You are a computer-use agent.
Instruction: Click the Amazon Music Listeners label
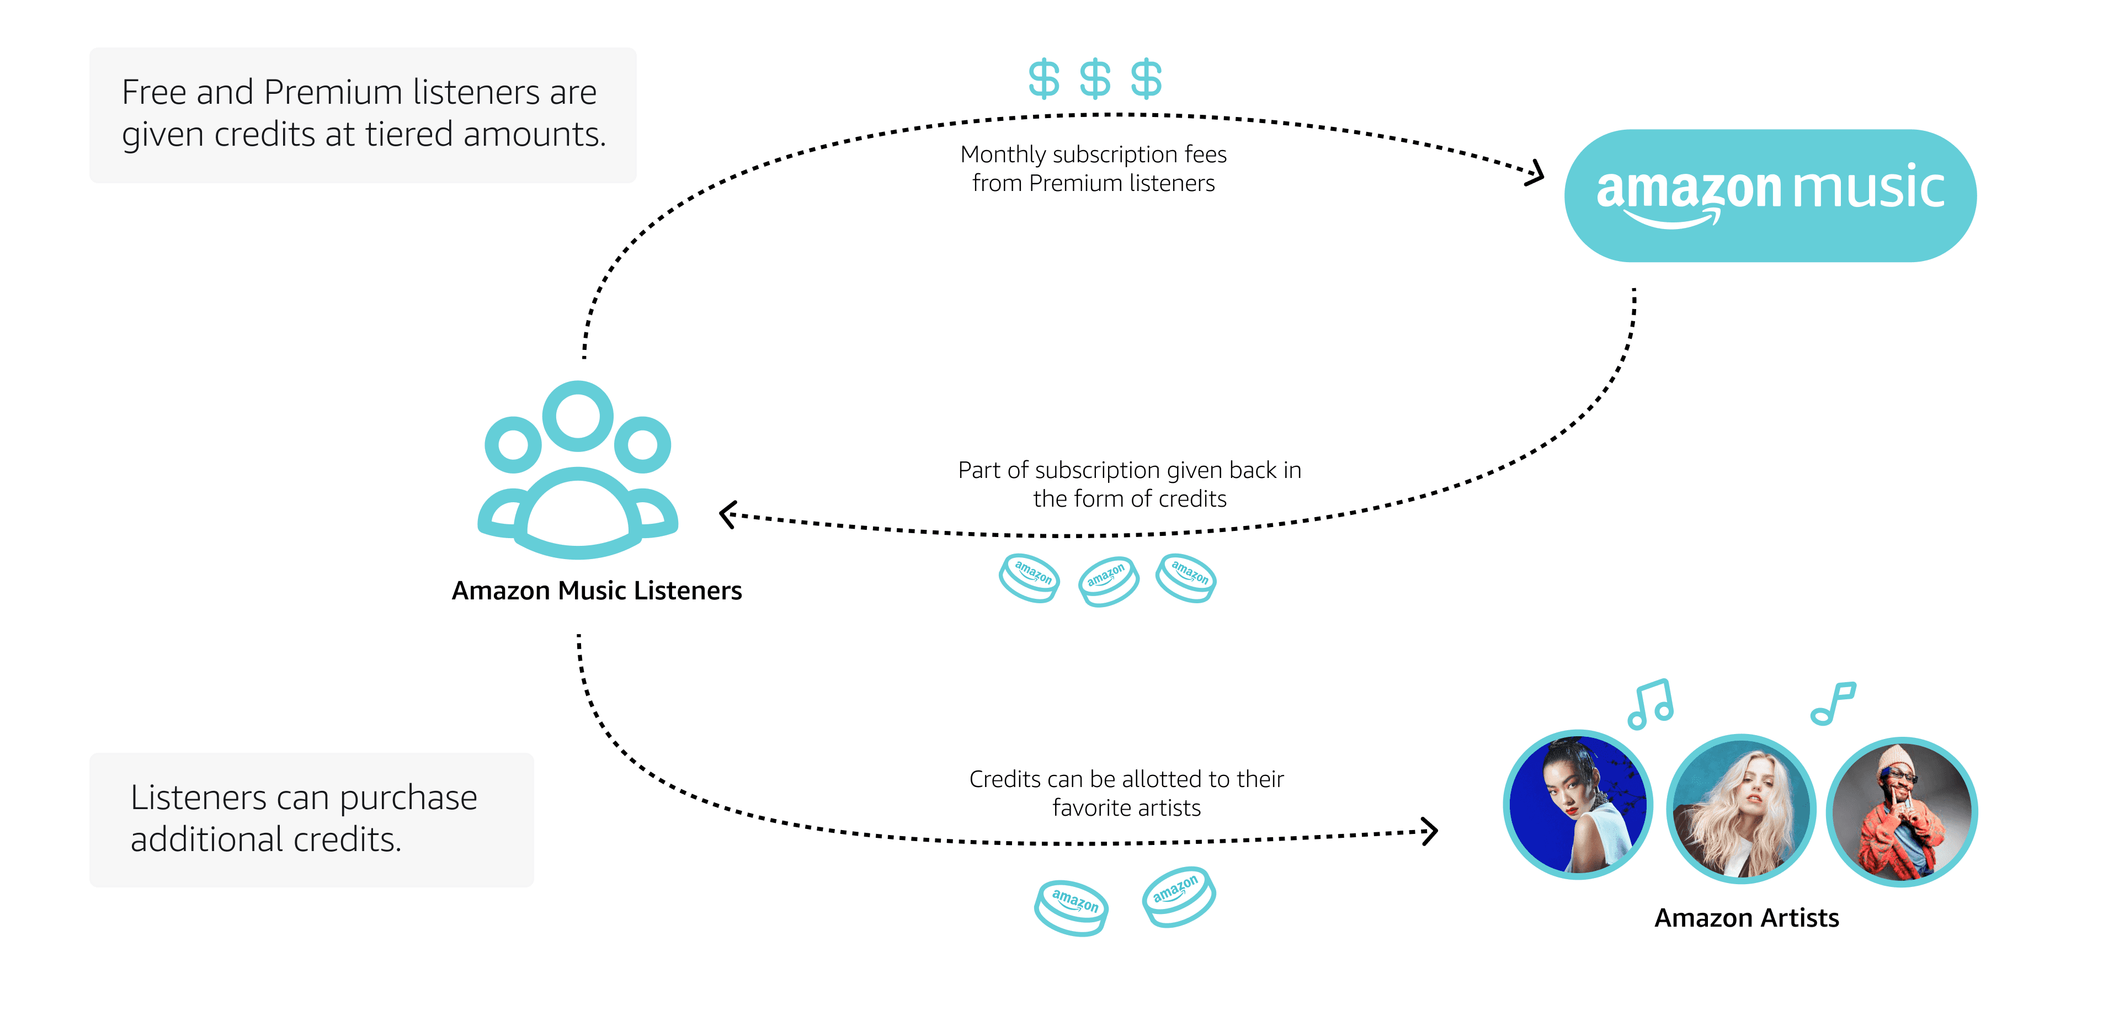(x=597, y=591)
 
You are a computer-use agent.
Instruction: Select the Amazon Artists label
(x=1747, y=917)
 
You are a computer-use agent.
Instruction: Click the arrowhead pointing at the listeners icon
(x=727, y=515)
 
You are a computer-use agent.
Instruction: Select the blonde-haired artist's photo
(x=1740, y=809)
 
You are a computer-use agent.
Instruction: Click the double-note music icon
(x=1651, y=704)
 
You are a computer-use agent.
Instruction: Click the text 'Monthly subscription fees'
(x=1093, y=155)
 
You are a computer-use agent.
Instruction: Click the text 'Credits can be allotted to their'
(x=1126, y=779)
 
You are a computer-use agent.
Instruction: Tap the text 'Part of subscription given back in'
(x=1130, y=470)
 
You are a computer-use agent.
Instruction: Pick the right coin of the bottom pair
(x=1178, y=896)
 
